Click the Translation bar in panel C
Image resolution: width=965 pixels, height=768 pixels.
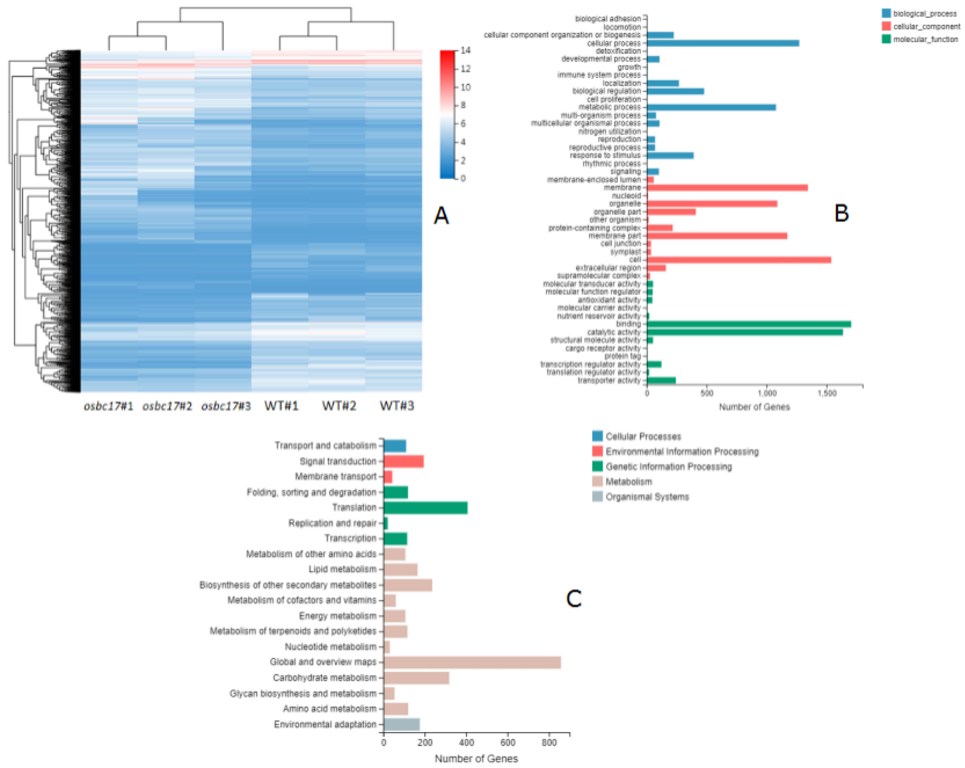[425, 507]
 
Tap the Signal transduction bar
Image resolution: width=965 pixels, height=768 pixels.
[403, 461]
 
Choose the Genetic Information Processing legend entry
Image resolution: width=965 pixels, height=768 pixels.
[668, 466]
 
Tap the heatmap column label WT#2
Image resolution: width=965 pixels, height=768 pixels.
[339, 406]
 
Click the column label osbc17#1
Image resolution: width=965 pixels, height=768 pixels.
[108, 406]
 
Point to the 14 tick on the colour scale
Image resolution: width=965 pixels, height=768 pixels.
[466, 50]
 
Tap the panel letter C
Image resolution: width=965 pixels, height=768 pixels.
[573, 598]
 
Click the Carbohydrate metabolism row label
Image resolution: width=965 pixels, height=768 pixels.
[325, 678]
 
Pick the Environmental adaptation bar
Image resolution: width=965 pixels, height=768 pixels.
[401, 724]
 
